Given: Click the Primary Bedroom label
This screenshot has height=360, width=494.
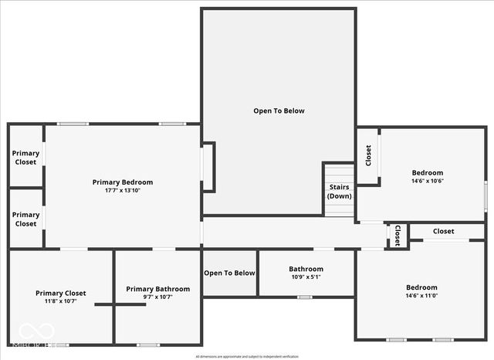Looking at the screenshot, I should pos(123,182).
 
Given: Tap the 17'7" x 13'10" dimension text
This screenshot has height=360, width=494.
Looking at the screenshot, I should pos(123,191).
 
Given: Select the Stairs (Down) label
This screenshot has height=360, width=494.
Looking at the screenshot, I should pos(340,192).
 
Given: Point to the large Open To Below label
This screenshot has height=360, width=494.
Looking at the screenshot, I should pos(279,110).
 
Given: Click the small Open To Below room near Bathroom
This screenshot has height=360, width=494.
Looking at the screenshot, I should pos(229,273).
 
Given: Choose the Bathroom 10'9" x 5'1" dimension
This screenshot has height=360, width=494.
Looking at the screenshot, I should pos(306,277).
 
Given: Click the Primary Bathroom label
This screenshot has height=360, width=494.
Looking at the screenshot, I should pos(158,289).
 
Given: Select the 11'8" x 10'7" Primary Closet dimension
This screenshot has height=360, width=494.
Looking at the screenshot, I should pos(61,301).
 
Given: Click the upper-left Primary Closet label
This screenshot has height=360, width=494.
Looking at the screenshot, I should pos(25,158).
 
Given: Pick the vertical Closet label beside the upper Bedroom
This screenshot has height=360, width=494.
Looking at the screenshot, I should pos(368,155).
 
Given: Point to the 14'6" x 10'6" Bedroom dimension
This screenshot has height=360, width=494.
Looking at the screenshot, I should pos(427,181).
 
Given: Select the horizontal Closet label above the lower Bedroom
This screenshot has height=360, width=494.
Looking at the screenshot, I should pos(443,231).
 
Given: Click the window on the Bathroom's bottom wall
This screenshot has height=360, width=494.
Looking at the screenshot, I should pos(304,297).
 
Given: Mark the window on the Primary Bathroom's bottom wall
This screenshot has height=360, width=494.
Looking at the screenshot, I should pos(148,345).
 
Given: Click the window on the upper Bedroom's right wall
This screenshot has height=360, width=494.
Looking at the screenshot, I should pos(486,194).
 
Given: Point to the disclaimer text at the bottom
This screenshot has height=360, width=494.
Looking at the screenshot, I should pos(246,356).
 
